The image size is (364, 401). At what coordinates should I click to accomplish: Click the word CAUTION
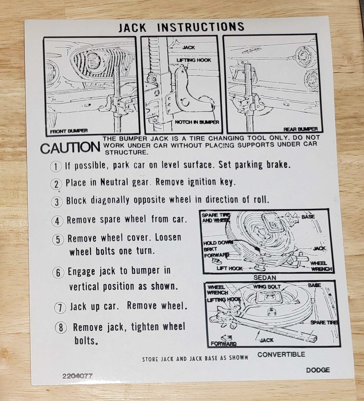point(70,148)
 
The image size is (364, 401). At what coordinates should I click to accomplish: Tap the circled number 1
point(56,167)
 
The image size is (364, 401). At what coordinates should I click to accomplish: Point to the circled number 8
point(61,328)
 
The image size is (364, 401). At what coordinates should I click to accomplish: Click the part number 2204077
point(77,376)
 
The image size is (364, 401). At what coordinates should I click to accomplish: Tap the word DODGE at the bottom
point(318,370)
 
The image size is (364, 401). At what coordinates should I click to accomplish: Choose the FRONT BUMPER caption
point(69,131)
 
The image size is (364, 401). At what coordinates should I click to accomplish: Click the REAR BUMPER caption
point(301,129)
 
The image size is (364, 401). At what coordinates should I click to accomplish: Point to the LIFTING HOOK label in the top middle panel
point(194,60)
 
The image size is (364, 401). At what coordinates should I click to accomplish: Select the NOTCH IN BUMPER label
point(197,122)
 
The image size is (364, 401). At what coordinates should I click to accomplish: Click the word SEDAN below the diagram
point(265,278)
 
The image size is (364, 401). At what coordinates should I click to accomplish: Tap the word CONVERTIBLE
point(281,354)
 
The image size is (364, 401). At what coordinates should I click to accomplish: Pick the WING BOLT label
point(267,287)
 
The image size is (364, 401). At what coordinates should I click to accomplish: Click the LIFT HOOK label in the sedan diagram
point(229,269)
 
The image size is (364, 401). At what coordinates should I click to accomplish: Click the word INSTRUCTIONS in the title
point(201,27)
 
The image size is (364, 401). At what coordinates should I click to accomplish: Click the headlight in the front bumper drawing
point(94,61)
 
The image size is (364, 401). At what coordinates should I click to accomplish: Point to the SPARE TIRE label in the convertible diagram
point(324,322)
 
